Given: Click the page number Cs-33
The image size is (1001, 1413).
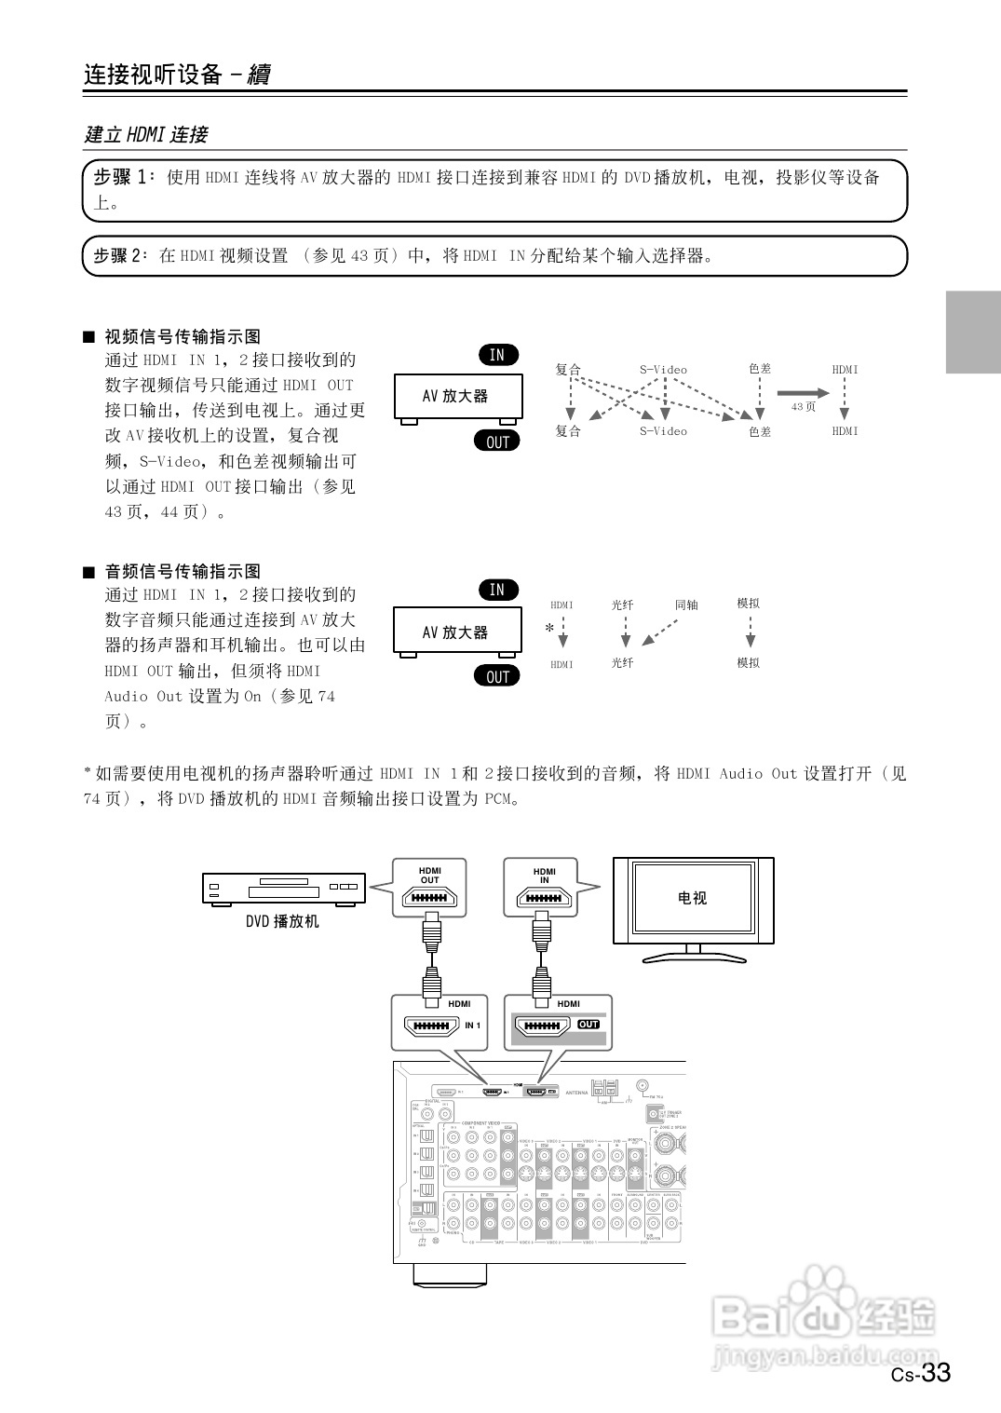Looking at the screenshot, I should click(921, 1373).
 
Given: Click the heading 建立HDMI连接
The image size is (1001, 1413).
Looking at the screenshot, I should click(146, 134).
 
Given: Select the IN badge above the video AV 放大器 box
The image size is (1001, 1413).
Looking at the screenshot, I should click(497, 355).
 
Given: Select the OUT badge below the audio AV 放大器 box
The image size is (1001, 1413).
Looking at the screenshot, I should click(497, 677).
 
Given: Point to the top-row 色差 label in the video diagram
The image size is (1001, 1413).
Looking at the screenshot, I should click(760, 369).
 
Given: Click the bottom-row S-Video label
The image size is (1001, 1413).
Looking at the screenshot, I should click(663, 431).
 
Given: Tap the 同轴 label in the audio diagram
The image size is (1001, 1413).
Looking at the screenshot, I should click(686, 605).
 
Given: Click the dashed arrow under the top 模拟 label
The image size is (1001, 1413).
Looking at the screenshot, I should click(750, 632).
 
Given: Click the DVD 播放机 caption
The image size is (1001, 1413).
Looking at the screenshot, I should click(282, 921).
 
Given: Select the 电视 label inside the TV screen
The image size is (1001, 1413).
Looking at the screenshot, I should click(692, 898).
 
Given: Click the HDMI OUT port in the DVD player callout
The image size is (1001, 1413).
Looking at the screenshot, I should click(429, 898).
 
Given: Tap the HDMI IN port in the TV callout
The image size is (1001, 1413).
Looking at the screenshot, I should click(544, 898).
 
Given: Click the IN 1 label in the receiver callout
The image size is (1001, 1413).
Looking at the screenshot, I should click(473, 1026).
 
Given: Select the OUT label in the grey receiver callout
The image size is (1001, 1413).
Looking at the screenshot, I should click(588, 1025).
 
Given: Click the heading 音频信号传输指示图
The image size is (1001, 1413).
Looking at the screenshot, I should click(183, 571).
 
